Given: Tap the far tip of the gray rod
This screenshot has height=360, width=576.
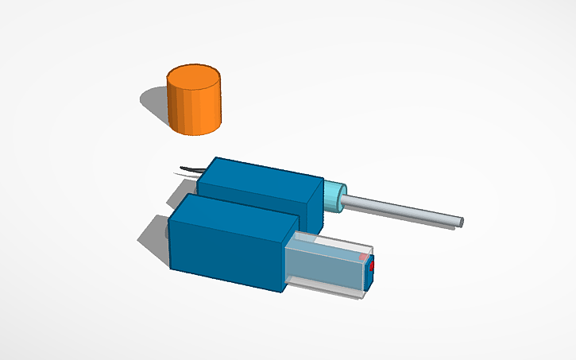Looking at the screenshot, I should pyautogui.click(x=460, y=221).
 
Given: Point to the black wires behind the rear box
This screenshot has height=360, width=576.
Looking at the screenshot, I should pyautogui.click(x=191, y=168).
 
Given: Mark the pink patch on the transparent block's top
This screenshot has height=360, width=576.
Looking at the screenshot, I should pyautogui.click(x=363, y=257).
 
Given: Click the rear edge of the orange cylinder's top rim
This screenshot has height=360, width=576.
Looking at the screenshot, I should pyautogui.click(x=193, y=66).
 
